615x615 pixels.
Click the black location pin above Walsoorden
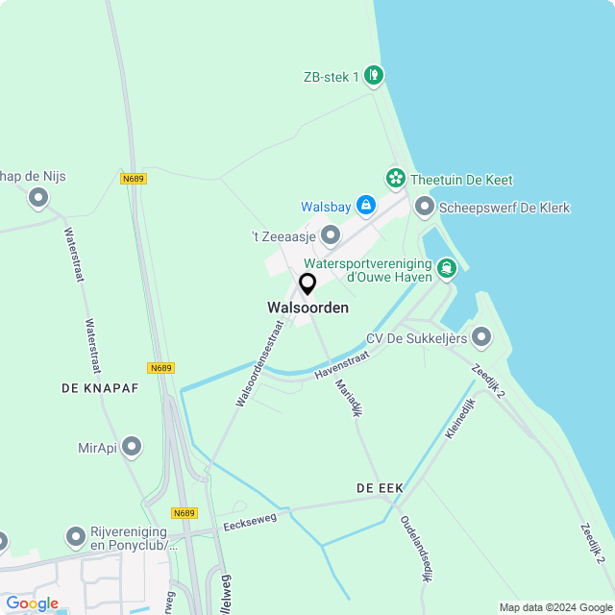tap(307, 284)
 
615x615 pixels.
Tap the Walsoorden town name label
tap(307, 307)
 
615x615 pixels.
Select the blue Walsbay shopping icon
tap(365, 205)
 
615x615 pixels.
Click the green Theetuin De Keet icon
tap(395, 178)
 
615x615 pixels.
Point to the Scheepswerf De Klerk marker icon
tap(425, 207)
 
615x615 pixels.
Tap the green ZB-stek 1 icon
tap(374, 75)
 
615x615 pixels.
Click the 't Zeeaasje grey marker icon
tap(331, 234)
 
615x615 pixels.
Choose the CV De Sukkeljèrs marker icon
tap(481, 337)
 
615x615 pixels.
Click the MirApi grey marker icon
tap(133, 447)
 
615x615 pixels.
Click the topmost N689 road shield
tap(134, 179)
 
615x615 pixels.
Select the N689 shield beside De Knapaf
tap(161, 368)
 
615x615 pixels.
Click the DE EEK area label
tap(380, 488)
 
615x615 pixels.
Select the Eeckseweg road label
tap(249, 521)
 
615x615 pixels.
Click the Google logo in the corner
tap(31, 603)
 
